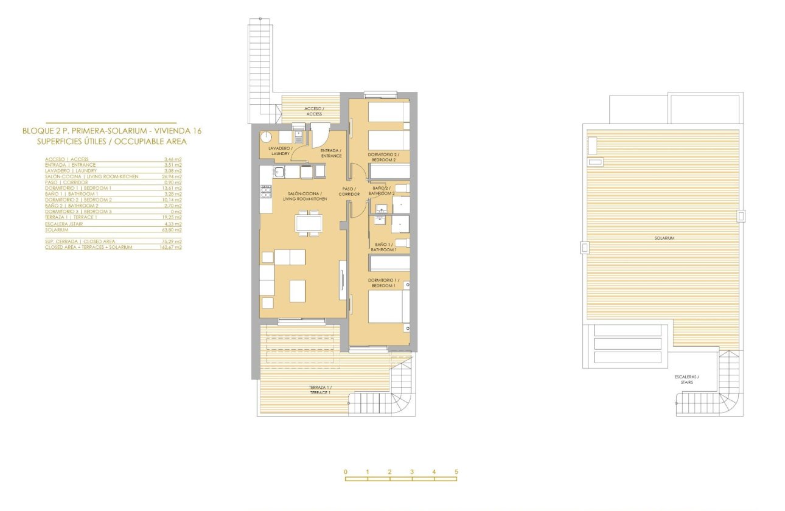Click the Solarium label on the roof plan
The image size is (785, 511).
[x=665, y=238]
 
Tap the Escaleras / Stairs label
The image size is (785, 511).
[x=686, y=380]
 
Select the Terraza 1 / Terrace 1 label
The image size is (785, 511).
[x=320, y=390]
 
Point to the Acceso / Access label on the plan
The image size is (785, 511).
[x=313, y=111]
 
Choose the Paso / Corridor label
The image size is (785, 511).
[x=350, y=192]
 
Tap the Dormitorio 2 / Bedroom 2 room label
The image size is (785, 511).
[x=383, y=158]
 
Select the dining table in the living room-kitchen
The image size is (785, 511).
[x=309, y=222]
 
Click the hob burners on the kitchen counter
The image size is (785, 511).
[x=266, y=192]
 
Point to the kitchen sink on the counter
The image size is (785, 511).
[x=278, y=173]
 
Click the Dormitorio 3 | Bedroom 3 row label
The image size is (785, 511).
[x=78, y=211]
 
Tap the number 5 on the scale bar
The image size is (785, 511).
[x=456, y=472]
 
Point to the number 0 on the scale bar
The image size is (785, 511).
[x=345, y=472]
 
